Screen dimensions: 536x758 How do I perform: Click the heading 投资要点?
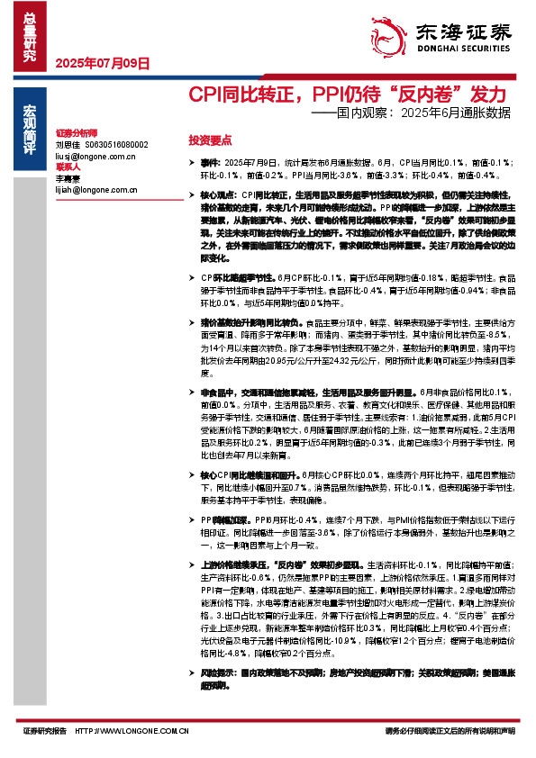point(210,140)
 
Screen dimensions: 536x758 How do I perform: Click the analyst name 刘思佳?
point(68,144)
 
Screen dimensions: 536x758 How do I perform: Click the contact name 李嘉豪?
point(68,180)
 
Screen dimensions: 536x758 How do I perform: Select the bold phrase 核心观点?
point(216,194)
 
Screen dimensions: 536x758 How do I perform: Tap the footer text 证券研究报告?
point(45,731)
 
